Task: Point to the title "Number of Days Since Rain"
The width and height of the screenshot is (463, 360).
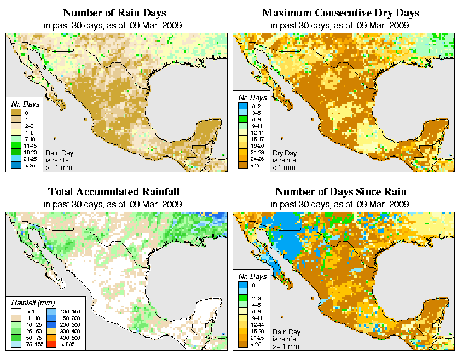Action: [x=340, y=191]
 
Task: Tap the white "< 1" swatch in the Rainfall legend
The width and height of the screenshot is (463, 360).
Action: [x=15, y=311]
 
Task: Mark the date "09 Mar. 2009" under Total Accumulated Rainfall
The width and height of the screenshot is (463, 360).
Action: [x=154, y=204]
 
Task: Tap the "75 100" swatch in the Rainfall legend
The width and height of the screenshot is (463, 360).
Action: [x=15, y=344]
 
